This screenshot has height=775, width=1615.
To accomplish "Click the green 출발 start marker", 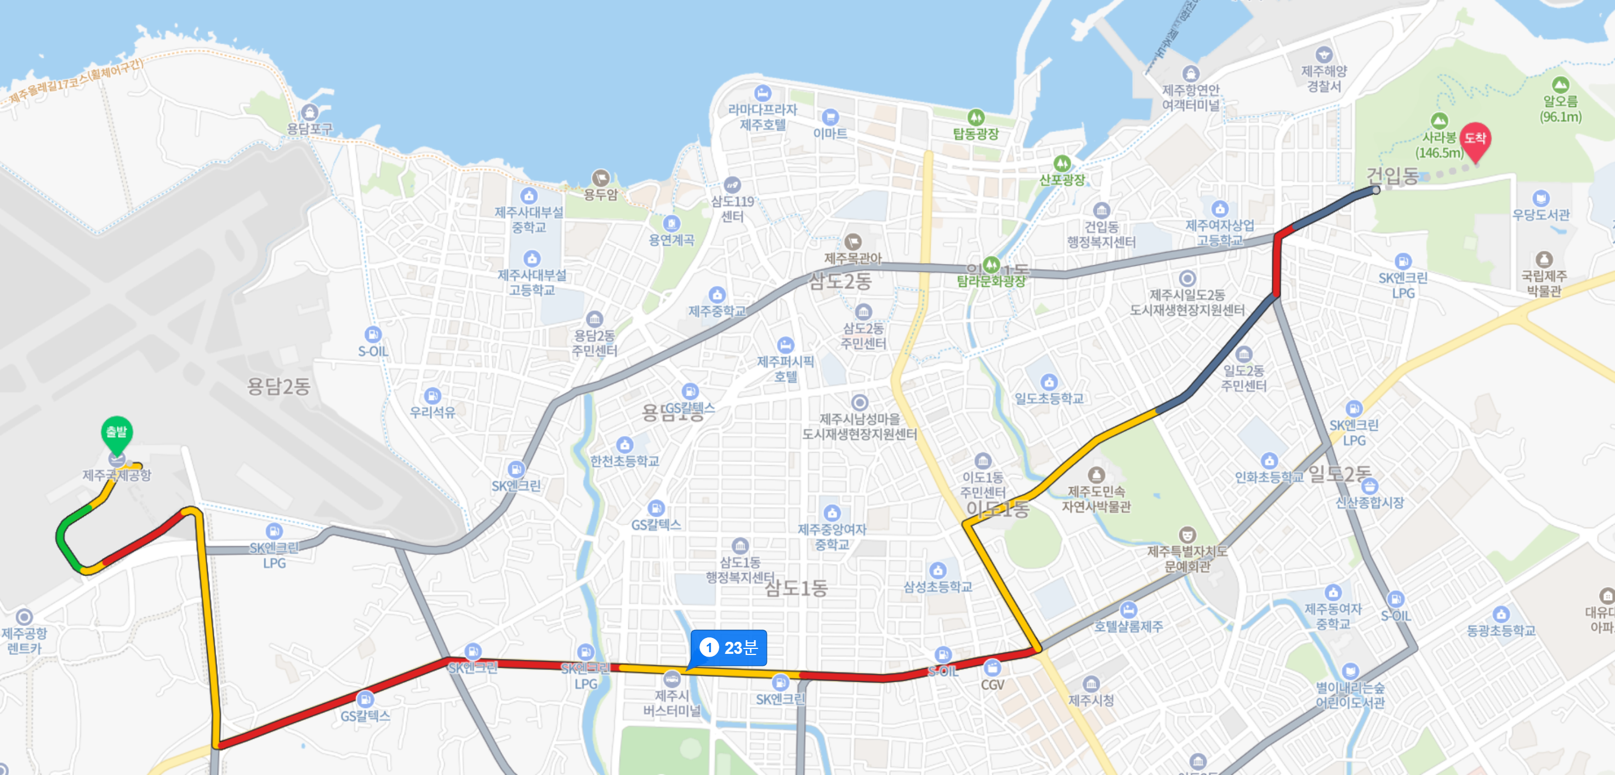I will pos(117,432).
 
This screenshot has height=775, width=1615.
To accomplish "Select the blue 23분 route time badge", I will pos(729,648).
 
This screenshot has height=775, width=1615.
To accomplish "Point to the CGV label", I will pos(992,685).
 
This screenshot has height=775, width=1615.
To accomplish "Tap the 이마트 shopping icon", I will pos(830,117).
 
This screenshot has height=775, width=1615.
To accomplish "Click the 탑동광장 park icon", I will pos(975,117).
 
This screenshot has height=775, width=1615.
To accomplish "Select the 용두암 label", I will pos(601,195).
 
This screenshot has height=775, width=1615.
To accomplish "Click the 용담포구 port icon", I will pos(309,113).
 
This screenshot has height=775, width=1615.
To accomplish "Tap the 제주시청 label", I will pos(1091,700).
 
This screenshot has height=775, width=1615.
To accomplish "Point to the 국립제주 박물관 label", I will pos(1544,283).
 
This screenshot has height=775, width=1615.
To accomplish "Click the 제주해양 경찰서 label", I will pos(1323,79).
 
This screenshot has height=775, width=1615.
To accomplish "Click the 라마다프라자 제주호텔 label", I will pos(763,117).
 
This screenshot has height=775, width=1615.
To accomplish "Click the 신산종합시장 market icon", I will pos(1369,486).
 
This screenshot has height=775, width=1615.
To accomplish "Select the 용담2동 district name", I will pos(279,386).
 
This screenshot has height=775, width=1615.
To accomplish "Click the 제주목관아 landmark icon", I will pos(852,241).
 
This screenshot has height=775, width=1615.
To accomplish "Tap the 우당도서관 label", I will pos(1540,215).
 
